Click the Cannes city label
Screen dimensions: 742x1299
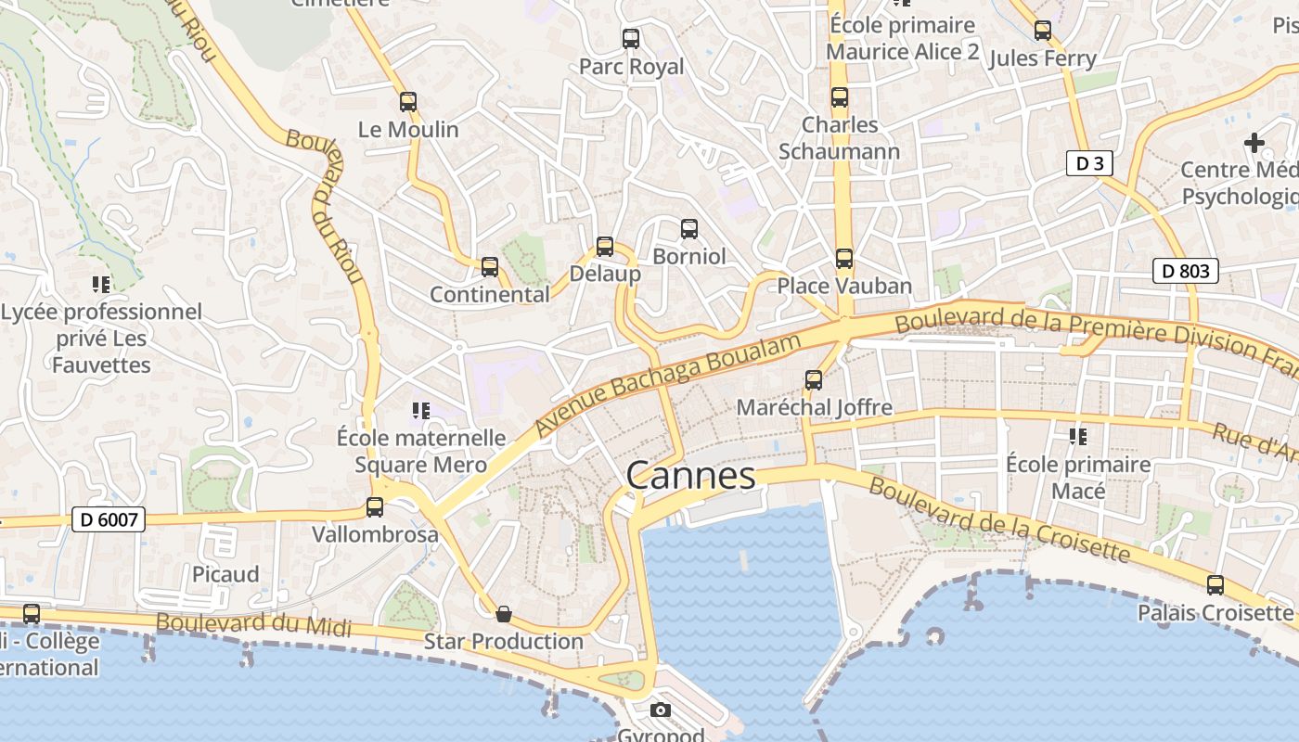point(691,476)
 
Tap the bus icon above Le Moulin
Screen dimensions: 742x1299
point(408,102)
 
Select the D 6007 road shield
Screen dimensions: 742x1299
point(109,519)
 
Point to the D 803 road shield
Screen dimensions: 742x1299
point(1185,271)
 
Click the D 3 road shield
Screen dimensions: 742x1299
point(1088,164)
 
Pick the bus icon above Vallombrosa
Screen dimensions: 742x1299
point(375,507)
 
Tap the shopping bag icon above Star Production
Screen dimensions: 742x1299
point(504,614)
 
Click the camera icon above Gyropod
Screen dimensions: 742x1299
point(661,710)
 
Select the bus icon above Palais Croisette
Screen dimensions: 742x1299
point(1215,585)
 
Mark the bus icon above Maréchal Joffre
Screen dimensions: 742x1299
point(814,379)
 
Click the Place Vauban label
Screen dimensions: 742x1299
point(844,286)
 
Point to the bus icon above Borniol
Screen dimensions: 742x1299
point(688,228)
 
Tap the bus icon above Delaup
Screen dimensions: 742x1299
point(605,246)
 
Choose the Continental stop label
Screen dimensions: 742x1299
point(490,294)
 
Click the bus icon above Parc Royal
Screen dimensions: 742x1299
point(631,39)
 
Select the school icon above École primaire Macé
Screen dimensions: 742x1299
point(1078,436)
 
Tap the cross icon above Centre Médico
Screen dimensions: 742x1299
point(1254,143)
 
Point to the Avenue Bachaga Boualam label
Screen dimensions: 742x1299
point(668,385)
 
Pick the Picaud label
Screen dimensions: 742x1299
point(225,574)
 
